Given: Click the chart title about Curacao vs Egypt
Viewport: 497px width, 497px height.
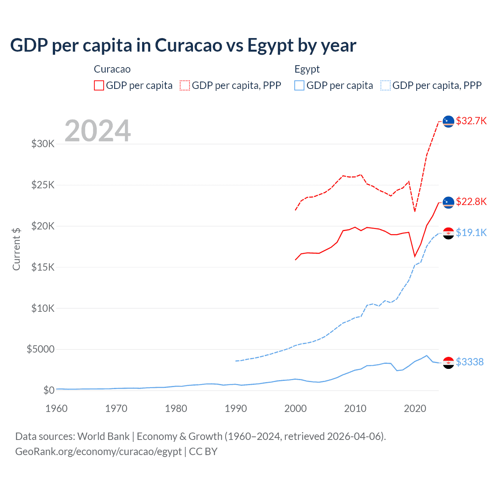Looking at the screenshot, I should coord(183,45).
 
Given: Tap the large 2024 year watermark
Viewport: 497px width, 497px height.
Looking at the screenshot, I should coord(97,131).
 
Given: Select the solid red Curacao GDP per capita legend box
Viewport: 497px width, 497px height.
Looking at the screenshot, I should coord(99,85).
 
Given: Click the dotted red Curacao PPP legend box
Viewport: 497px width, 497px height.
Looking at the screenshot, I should coord(185,85).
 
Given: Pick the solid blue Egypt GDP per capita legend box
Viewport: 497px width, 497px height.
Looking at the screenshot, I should coord(299,85).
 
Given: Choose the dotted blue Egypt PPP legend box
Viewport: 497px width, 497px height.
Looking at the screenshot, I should coord(386,85).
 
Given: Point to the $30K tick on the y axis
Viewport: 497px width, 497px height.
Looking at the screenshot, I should coord(43,144).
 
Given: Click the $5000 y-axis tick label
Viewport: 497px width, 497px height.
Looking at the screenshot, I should coord(40,349).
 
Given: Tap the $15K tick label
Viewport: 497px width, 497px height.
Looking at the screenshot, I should coord(43,267).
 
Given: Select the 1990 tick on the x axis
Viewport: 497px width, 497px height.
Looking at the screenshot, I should coord(236,408).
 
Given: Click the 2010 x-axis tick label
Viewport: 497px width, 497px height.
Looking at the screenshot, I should coord(355,408).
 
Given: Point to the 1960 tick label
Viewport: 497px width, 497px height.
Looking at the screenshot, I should coord(57,408).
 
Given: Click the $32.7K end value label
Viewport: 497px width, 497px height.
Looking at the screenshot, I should coord(471,121).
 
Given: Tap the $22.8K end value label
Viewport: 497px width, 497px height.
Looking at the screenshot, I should coord(471,202).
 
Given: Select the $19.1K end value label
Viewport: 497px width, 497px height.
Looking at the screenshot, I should coord(471,233).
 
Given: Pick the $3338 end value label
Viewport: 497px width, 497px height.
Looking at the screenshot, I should coord(469,362).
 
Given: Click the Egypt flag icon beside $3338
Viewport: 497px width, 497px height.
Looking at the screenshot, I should coord(448,362).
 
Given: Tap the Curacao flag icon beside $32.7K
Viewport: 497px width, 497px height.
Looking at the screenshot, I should coord(448,121).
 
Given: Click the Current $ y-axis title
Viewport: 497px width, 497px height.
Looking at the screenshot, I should coord(16,249).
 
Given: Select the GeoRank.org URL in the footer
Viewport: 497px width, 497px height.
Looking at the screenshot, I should coord(98,452).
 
